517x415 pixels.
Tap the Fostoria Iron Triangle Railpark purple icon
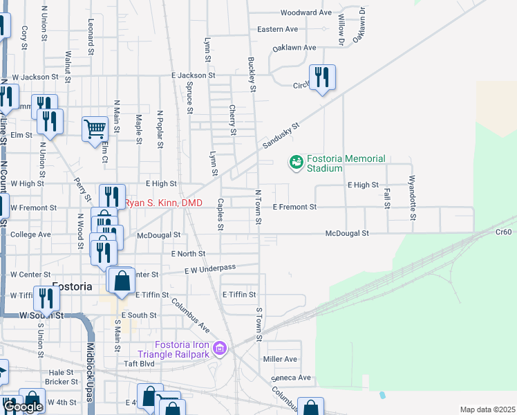(x=220, y=348)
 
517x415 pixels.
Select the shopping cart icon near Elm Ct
(x=95, y=128)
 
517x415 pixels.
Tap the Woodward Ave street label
(x=306, y=12)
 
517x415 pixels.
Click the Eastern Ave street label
(x=277, y=29)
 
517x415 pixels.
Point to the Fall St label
(x=386, y=195)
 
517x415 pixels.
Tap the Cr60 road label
(x=505, y=233)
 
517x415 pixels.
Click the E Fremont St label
(x=294, y=207)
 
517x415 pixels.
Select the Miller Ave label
(x=280, y=359)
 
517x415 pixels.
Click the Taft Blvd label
(x=139, y=362)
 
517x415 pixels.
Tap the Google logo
(x=23, y=407)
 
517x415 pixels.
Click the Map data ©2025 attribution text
(x=487, y=409)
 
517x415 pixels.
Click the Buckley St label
(x=252, y=74)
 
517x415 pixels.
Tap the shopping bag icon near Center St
(x=122, y=281)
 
